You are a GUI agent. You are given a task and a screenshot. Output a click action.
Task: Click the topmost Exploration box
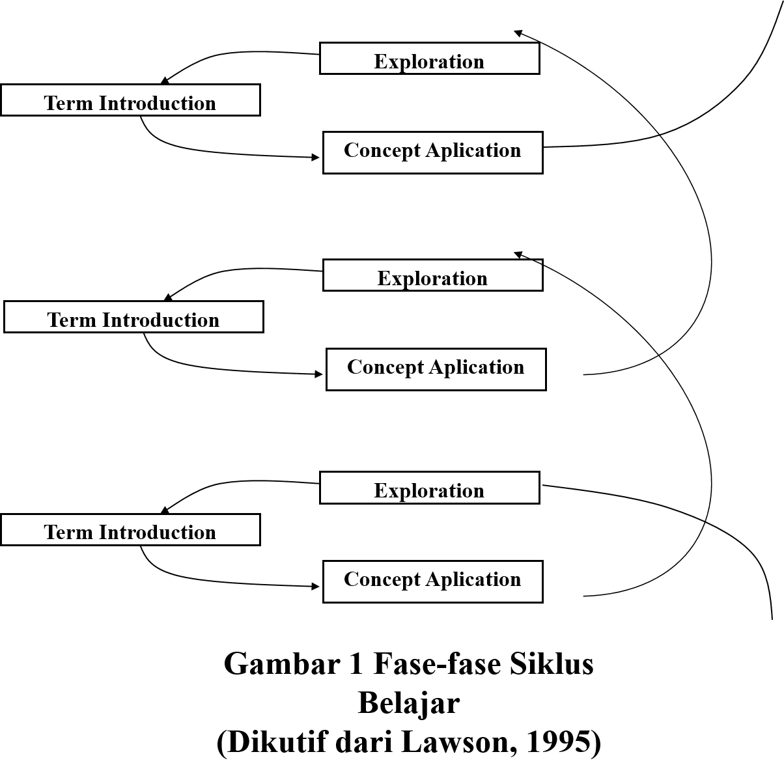429,59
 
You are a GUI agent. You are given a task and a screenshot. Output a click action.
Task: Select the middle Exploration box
432,275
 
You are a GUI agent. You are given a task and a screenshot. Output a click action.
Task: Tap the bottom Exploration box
429,488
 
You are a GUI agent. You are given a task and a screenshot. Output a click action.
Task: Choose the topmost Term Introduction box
130,100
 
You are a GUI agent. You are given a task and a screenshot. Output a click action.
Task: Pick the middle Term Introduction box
133,317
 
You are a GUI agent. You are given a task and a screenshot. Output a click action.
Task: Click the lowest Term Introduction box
130,530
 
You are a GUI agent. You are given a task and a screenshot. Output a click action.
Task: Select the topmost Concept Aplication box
432,153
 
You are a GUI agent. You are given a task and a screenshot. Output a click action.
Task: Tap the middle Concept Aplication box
436,370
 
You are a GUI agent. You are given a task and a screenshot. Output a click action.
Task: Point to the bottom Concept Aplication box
432,582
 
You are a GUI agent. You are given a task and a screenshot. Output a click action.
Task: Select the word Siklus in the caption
551,665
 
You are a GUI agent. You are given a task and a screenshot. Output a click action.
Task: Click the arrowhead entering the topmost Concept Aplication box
316,158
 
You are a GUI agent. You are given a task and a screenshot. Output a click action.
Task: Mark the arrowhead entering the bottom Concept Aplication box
316,587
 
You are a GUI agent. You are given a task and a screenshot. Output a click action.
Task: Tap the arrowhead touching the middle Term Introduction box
167,298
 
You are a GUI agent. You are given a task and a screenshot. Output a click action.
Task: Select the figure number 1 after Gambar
356,665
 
